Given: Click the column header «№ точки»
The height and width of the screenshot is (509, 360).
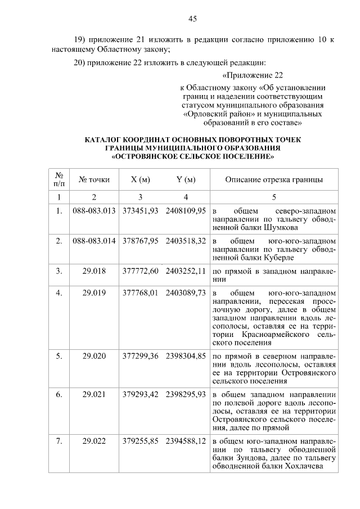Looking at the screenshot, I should (x=94, y=180).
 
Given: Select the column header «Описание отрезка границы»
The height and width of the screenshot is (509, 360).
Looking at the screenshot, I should (x=274, y=180).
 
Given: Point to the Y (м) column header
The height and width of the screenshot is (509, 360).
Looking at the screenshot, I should (x=186, y=180).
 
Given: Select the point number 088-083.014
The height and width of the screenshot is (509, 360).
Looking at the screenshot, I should (x=94, y=241).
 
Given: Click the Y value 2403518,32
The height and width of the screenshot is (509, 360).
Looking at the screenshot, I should (x=186, y=241).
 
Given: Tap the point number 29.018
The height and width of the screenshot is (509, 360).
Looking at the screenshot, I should (x=94, y=271).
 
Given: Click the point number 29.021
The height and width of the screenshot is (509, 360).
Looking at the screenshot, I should (x=94, y=394).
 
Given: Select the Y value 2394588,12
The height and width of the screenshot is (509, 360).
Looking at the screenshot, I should (x=186, y=442).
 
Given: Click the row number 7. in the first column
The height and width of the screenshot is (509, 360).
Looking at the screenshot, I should (x=59, y=442).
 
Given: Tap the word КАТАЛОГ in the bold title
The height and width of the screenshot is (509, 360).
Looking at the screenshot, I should (x=105, y=139).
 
